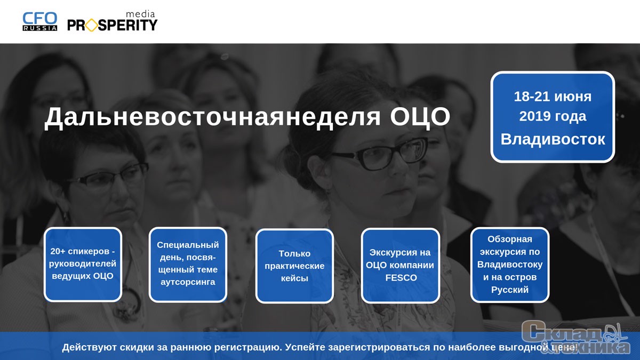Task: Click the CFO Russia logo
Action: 39,21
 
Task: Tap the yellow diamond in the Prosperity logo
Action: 91,25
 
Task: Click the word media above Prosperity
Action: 141,14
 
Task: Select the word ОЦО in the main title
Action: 420,117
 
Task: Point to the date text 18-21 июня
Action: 553,97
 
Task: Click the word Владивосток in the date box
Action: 553,139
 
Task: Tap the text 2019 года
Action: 553,116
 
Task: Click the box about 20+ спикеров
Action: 83,265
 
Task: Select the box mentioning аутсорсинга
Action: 188,265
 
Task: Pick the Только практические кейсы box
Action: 294,266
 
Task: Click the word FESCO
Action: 401,278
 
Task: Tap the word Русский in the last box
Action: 510,290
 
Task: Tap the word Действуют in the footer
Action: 90,347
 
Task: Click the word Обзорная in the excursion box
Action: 510,239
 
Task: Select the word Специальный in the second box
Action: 188,245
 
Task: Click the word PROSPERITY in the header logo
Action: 113,25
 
